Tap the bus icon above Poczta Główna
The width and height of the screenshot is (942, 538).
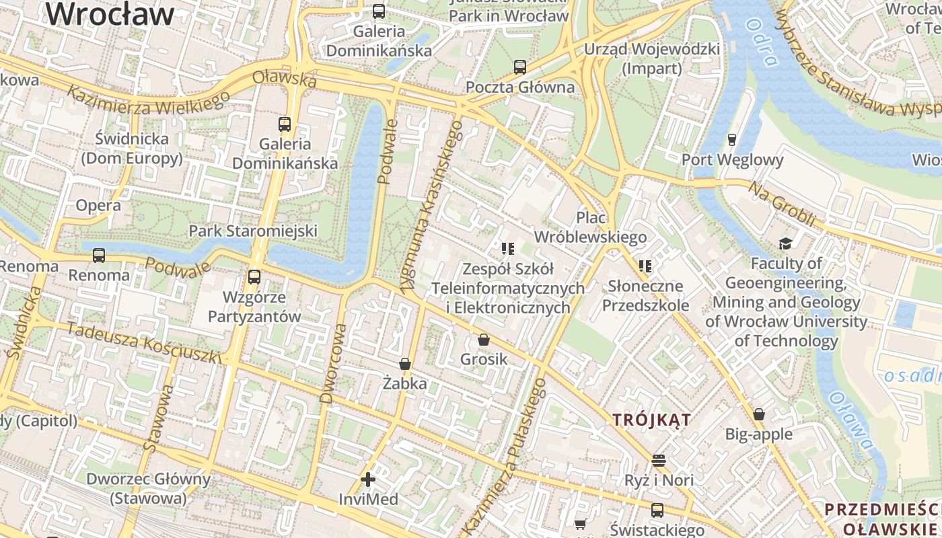tap(520, 67)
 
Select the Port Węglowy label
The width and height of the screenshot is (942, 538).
tap(733, 159)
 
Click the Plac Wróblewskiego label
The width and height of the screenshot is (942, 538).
tap(590, 227)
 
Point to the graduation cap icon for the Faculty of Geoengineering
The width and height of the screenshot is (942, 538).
tap(785, 243)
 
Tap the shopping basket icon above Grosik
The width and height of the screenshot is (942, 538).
tap(484, 340)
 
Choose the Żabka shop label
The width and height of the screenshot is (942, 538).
tap(404, 383)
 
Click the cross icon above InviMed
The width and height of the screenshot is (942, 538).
tap(368, 479)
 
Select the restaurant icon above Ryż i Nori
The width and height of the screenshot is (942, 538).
tap(659, 461)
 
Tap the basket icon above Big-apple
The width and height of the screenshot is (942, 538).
tap(759, 414)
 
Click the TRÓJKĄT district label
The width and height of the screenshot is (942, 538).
tap(651, 420)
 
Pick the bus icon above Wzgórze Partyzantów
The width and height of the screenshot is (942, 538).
tap(254, 276)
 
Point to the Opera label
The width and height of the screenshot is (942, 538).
tap(98, 205)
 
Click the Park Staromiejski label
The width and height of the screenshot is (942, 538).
tap(253, 231)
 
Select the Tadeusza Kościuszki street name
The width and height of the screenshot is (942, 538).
tap(144, 343)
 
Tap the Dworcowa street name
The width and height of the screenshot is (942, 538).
tap(334, 363)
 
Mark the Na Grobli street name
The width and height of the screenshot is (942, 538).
tap(783, 204)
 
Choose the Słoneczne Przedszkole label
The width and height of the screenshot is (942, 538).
tap(645, 295)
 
